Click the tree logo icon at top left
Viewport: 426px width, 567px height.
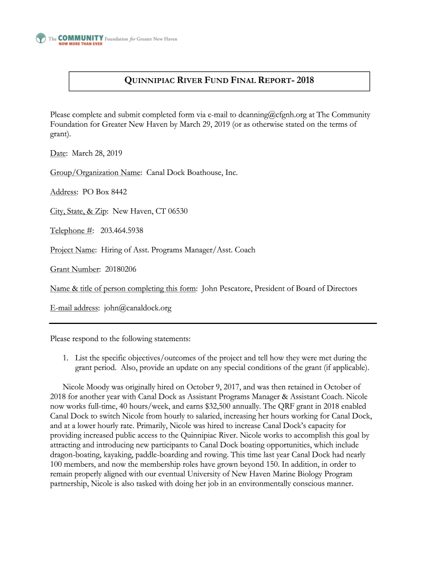click(x=40, y=39)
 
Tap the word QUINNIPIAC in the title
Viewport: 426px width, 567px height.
click(x=148, y=81)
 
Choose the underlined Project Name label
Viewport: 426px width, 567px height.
click(x=73, y=250)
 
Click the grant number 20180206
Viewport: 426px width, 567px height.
click(x=120, y=269)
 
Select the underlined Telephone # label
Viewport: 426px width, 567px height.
click(x=71, y=230)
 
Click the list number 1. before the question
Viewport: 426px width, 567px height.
click(x=65, y=358)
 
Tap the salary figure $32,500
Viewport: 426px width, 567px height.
click(x=228, y=406)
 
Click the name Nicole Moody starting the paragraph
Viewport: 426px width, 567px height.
click(x=86, y=386)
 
